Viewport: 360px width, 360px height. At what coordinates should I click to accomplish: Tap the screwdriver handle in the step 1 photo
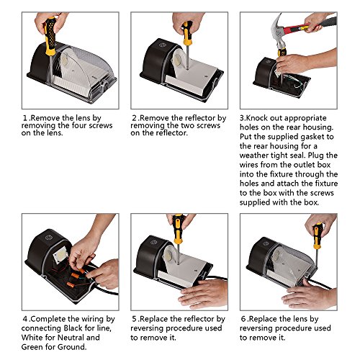pos(50,37)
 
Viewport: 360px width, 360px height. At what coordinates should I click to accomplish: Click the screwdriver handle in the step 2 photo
pos(187,33)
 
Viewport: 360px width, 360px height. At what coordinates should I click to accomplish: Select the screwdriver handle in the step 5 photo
pos(178,229)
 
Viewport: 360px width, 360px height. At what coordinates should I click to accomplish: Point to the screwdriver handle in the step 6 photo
pos(318,236)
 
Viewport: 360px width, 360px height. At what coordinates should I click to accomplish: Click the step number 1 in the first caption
pos(25,118)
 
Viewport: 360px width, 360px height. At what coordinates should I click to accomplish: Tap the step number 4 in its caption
pos(25,319)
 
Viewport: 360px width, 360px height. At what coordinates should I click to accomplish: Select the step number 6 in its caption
pos(243,319)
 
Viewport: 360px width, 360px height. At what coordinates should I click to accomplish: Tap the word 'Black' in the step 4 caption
pos(73,328)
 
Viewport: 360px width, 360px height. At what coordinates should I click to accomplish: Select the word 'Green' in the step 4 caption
pos(32,347)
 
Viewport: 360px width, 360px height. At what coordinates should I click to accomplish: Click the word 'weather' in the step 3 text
pos(254,156)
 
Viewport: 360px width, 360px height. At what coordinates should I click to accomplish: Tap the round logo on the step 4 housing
pos(49,238)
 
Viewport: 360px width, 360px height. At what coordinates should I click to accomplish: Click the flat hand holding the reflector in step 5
pos(203,294)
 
